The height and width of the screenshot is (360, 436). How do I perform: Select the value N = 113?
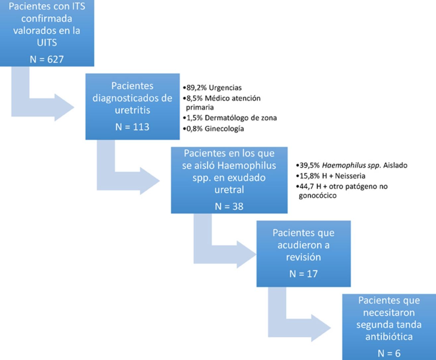tap(132, 127)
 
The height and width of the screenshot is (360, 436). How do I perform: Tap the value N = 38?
tap(229, 206)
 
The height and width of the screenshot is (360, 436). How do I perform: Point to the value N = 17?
tap(303, 274)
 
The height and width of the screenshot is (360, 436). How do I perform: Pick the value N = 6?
tap(389, 353)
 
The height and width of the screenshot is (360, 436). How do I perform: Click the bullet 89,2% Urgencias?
tap(212, 88)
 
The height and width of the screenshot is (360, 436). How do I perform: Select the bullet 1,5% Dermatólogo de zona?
tap(229, 118)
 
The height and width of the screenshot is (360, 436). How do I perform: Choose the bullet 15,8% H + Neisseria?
tap(326, 176)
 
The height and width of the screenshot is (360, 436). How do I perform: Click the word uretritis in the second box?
tap(132, 110)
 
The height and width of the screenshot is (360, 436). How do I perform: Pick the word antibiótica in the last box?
tap(389, 336)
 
